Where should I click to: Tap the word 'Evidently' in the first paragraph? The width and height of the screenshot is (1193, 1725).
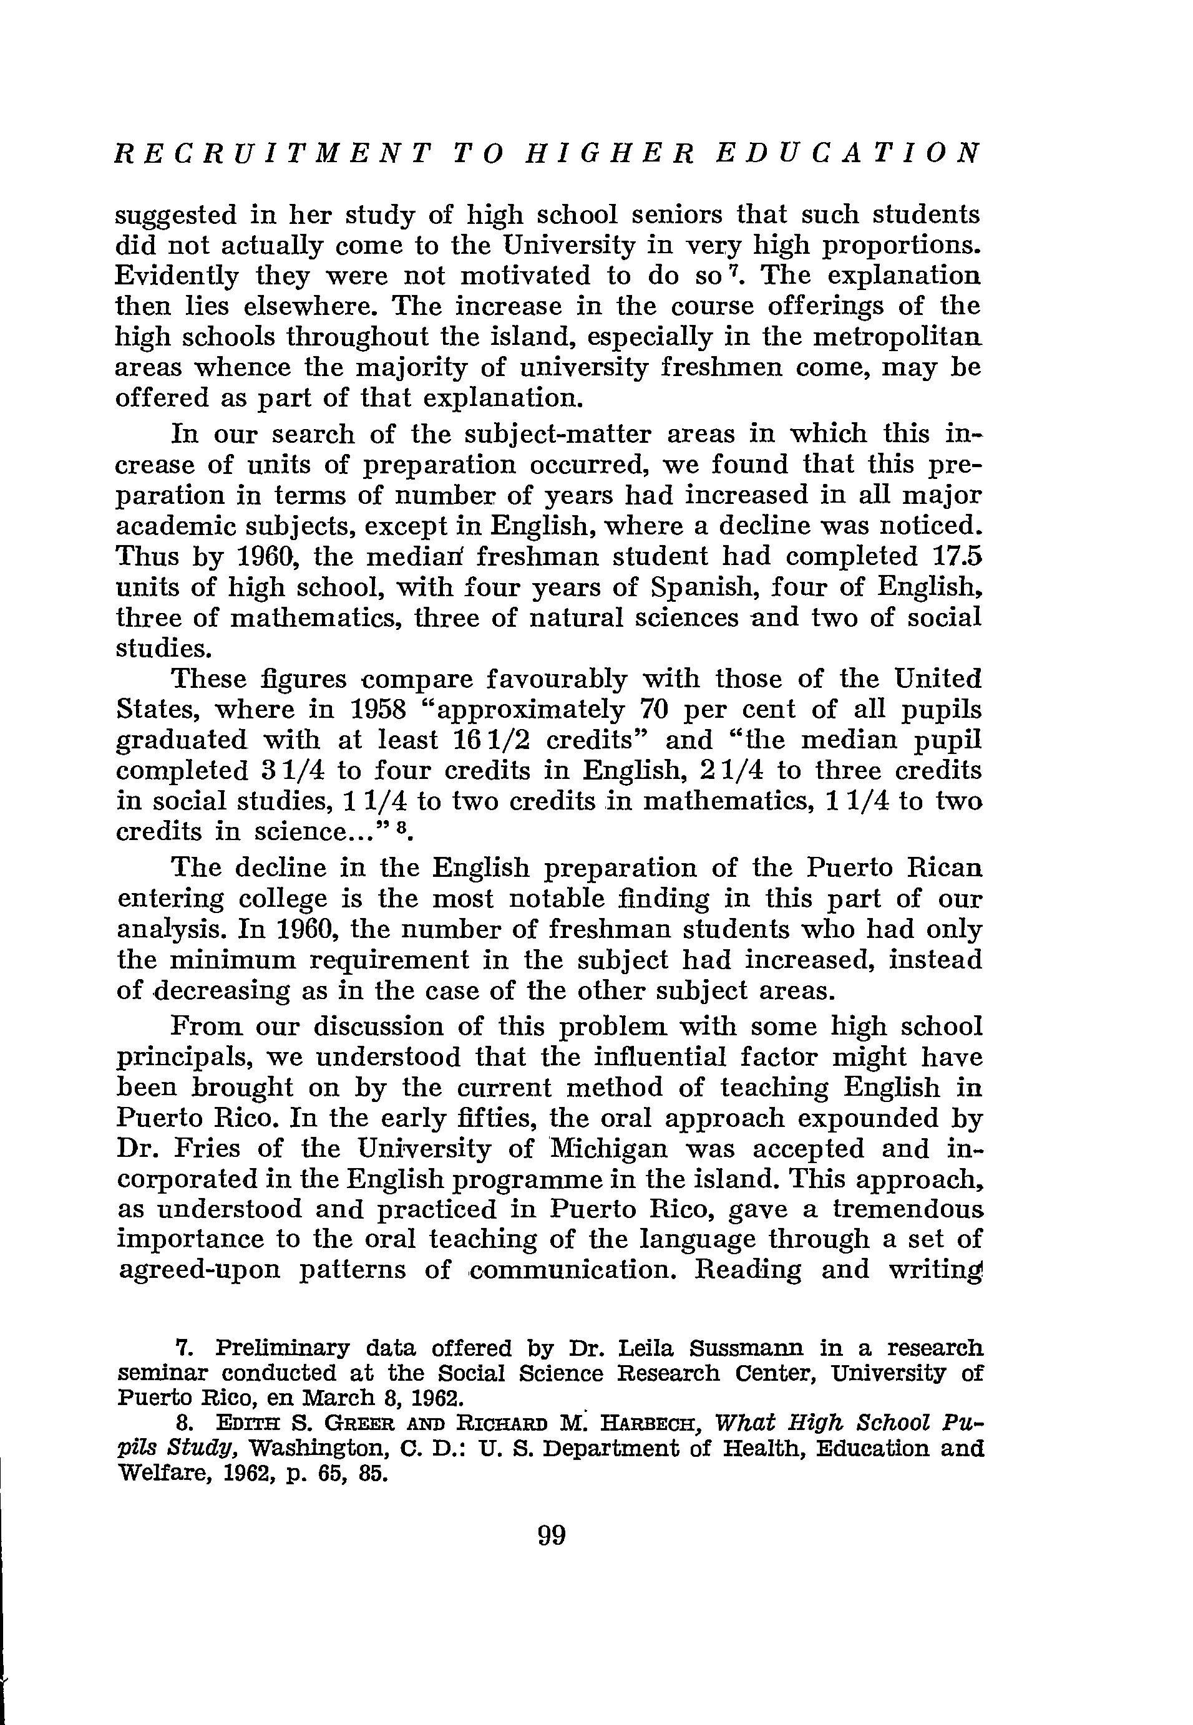point(177,276)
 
